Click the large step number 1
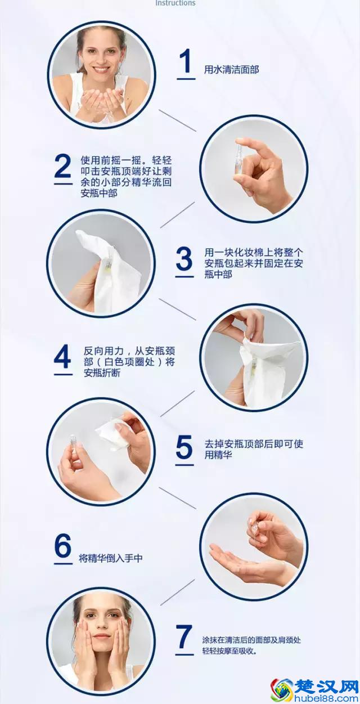click(186, 62)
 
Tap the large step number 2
click(62, 167)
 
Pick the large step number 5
click(184, 448)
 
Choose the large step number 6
click(63, 546)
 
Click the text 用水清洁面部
click(231, 70)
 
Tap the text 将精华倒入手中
click(110, 558)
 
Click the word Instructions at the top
click(175, 3)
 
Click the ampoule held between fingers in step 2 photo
click(238, 152)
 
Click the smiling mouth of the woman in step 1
click(102, 71)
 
